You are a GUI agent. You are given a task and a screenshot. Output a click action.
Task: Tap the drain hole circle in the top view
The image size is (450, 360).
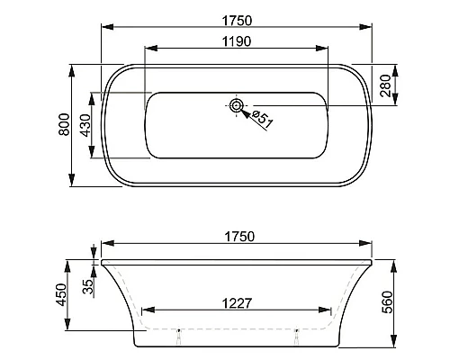coord(237,106)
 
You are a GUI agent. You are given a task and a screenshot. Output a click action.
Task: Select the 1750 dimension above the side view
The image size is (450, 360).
coord(236,237)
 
